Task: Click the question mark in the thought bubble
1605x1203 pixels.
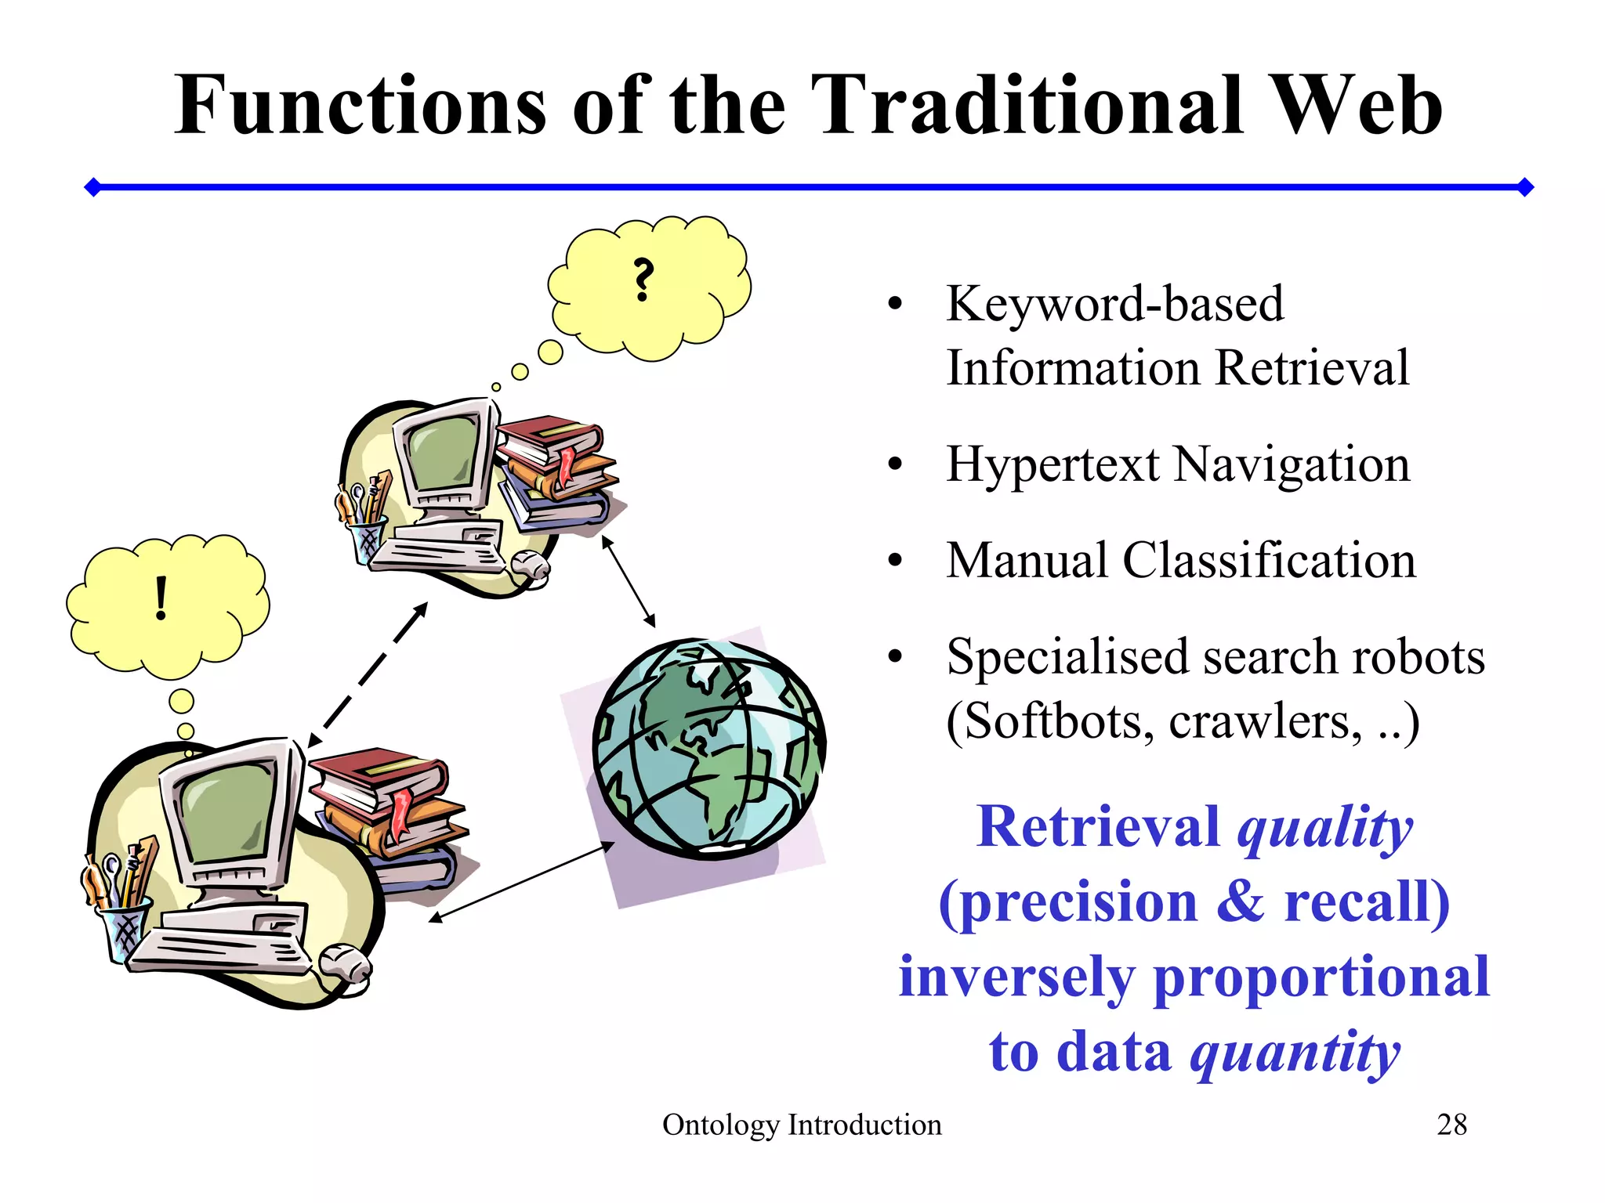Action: [x=643, y=280]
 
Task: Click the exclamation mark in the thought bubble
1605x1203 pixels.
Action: [x=161, y=598]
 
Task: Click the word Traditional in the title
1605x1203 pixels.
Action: [x=1027, y=106]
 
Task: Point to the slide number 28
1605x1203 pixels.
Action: [x=1451, y=1125]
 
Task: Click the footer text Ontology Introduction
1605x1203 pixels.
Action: [x=802, y=1125]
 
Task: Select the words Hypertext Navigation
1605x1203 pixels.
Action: [x=1178, y=464]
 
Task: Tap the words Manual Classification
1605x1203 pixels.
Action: [x=1181, y=561]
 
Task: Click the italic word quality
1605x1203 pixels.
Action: [x=1324, y=829]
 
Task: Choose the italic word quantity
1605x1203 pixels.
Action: [x=1295, y=1053]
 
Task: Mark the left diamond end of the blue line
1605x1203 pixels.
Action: [x=92, y=187]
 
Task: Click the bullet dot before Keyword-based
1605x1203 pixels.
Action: [x=895, y=305]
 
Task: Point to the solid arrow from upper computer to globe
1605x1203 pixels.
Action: [x=629, y=582]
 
